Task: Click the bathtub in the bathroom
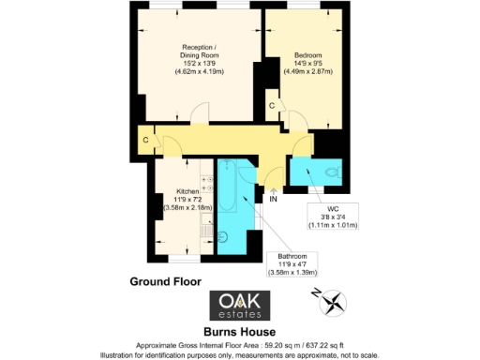coord(230,197)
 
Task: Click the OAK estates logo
coord(239,305)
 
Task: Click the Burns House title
coord(239,331)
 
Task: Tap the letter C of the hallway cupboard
coord(145,141)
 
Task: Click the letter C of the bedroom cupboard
coord(271,106)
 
